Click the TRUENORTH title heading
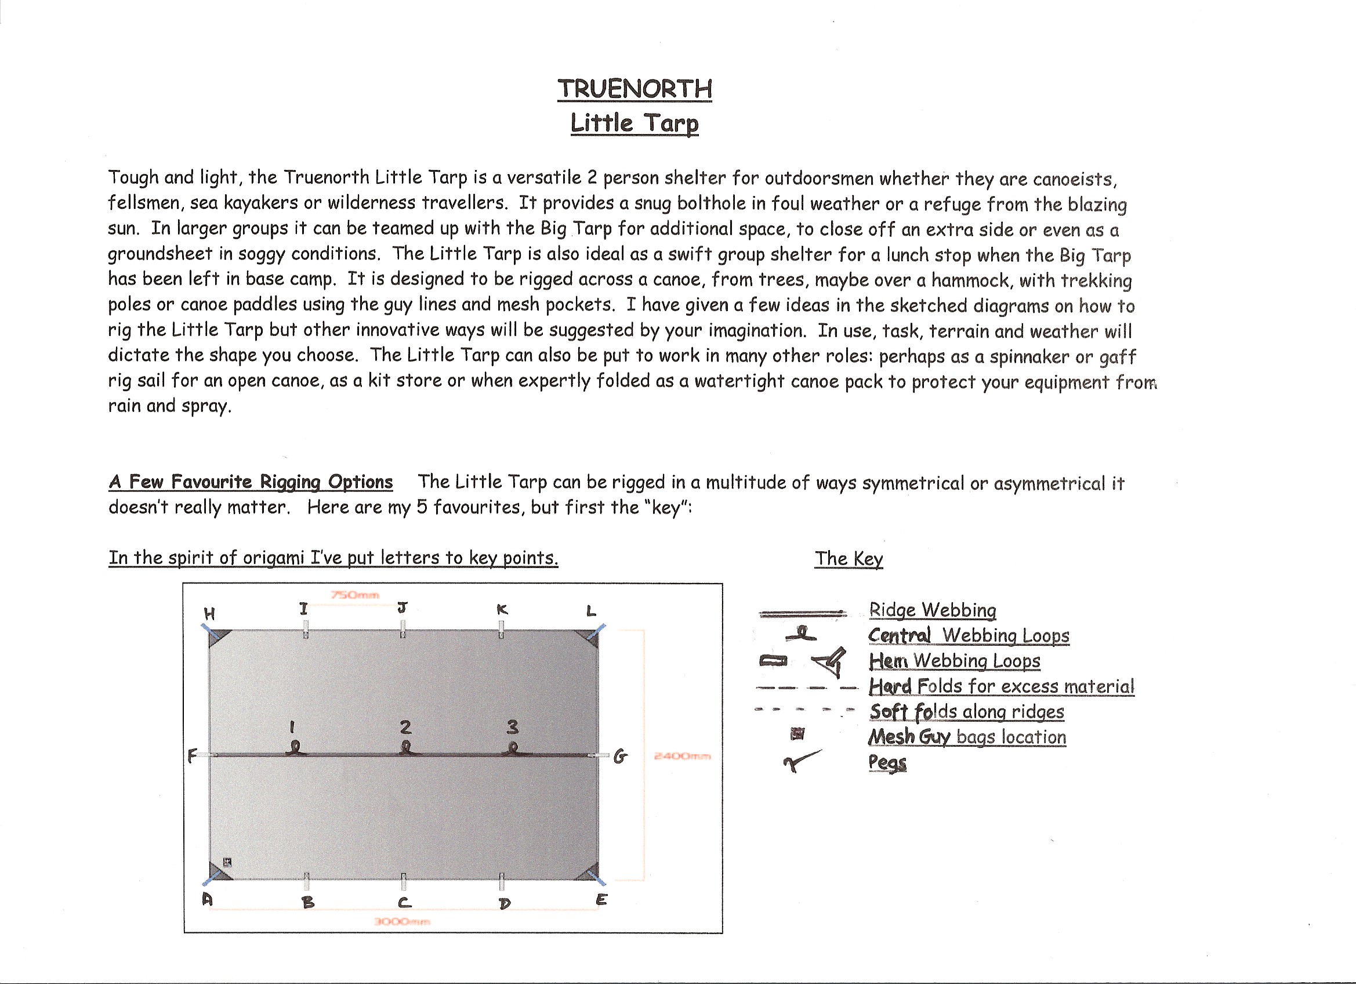click(635, 89)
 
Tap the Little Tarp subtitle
click(635, 122)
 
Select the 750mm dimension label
click(355, 595)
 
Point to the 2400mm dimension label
click(682, 756)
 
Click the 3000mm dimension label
click(402, 921)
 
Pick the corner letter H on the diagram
click(209, 613)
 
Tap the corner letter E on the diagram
click(601, 899)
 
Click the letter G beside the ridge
click(621, 757)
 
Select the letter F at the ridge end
click(192, 756)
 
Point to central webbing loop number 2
click(406, 748)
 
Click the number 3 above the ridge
click(512, 727)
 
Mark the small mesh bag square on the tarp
click(227, 862)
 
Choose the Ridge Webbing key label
click(932, 610)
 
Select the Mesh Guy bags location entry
click(967, 736)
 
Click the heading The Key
click(849, 558)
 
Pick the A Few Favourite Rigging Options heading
click(251, 482)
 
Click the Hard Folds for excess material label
click(1002, 686)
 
